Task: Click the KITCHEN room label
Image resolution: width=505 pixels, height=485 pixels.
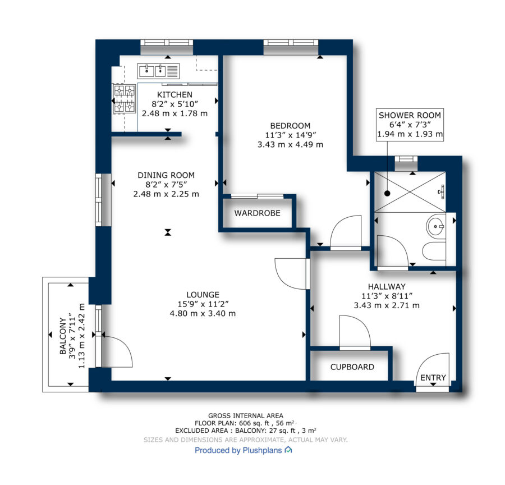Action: tap(175, 94)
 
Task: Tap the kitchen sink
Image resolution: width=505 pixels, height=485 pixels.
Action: tap(158, 71)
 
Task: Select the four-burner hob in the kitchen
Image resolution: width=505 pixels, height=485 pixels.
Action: tap(125, 99)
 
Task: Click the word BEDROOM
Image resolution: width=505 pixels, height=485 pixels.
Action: tap(290, 126)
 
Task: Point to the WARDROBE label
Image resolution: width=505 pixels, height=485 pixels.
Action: tap(258, 213)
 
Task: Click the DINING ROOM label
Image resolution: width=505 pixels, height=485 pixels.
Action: tap(166, 175)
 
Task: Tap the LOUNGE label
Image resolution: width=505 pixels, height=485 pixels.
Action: tap(203, 295)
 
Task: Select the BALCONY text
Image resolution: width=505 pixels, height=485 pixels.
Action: tap(63, 336)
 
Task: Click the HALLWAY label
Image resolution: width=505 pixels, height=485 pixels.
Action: tap(387, 286)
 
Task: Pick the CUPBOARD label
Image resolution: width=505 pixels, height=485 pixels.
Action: tap(352, 367)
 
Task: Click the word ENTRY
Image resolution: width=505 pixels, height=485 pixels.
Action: tap(433, 377)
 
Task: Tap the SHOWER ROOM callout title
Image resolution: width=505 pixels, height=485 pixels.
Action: tap(410, 115)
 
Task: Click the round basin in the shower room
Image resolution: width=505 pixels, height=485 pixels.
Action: tap(436, 226)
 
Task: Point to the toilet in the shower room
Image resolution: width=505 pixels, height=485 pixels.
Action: tap(434, 252)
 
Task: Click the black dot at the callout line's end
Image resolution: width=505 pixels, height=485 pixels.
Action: tap(387, 193)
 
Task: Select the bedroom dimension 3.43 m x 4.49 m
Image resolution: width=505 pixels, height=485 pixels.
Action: tap(290, 144)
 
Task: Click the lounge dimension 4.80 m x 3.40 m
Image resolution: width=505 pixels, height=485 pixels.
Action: tap(203, 313)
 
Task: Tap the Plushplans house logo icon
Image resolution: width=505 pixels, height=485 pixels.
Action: tap(288, 450)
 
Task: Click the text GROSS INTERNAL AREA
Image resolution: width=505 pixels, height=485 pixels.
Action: tap(246, 416)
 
